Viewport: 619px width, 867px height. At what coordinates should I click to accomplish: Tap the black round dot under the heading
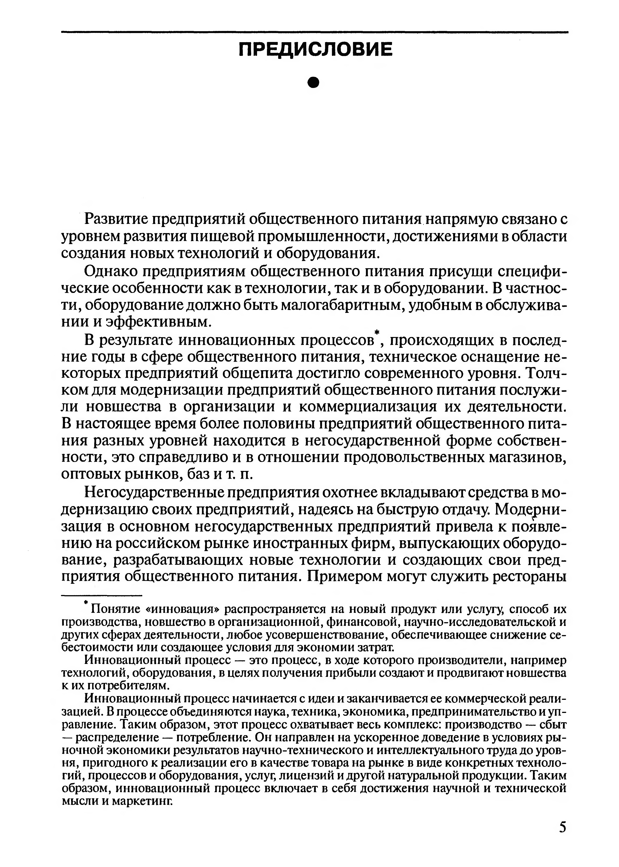(x=313, y=82)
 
